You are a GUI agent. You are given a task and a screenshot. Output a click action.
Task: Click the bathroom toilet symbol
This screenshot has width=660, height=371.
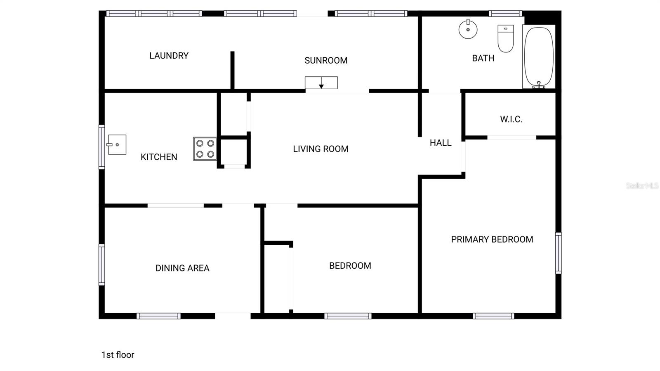(506, 38)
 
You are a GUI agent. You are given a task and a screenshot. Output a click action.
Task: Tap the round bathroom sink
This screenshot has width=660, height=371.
(468, 29)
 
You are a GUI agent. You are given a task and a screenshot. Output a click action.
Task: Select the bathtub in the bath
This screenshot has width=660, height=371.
(538, 57)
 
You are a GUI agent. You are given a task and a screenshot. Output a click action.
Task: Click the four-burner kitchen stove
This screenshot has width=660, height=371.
(205, 149)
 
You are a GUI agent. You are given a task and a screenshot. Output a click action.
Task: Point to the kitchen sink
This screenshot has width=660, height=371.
(117, 144)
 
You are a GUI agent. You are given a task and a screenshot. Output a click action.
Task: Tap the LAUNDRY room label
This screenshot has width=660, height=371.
(169, 56)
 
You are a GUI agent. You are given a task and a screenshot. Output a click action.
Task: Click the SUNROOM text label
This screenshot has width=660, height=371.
(326, 61)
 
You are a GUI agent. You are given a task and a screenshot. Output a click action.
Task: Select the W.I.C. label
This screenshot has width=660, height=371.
(511, 119)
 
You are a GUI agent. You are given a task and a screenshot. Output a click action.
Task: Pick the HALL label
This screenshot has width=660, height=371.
(441, 143)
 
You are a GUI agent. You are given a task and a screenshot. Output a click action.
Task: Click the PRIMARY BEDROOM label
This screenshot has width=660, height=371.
(492, 239)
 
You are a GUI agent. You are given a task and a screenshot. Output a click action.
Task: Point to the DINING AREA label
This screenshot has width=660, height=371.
(182, 268)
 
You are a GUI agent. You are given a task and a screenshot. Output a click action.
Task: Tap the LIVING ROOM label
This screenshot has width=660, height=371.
(321, 149)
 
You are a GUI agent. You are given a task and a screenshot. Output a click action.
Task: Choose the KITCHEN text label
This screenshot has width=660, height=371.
(159, 157)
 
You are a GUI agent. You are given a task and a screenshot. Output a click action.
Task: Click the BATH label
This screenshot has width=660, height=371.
(483, 58)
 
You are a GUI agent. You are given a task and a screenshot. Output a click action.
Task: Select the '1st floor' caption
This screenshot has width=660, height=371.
(118, 355)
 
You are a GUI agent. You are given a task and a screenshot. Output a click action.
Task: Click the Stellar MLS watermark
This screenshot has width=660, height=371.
(642, 186)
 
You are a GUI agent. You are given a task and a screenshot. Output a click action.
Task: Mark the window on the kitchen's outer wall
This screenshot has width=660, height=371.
(101, 147)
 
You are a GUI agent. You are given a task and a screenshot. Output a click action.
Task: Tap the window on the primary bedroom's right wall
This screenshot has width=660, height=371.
(558, 253)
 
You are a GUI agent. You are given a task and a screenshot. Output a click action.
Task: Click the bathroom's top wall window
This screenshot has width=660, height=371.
(505, 14)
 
